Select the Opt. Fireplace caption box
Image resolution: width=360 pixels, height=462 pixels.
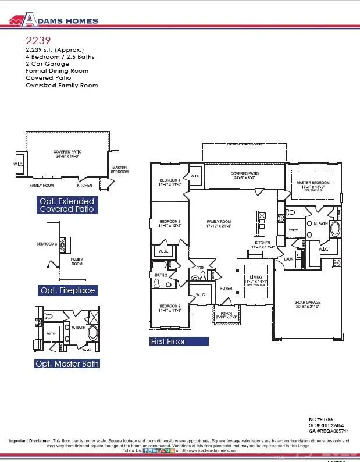[x=67, y=290]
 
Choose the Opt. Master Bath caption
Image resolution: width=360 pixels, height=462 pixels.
[x=67, y=364]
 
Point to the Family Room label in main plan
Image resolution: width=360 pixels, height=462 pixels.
[x=219, y=222]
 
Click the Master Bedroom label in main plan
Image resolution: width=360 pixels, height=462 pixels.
[x=312, y=183]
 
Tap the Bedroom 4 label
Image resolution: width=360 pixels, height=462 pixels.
[x=170, y=181]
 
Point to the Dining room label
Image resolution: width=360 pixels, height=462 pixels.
[x=256, y=278]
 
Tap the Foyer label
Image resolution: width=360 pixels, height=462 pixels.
[x=226, y=289]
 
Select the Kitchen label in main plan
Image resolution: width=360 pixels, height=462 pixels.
[x=263, y=243]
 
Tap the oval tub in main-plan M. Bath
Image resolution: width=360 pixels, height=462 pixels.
[x=335, y=229]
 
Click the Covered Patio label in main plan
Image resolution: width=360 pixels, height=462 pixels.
[x=244, y=173]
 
